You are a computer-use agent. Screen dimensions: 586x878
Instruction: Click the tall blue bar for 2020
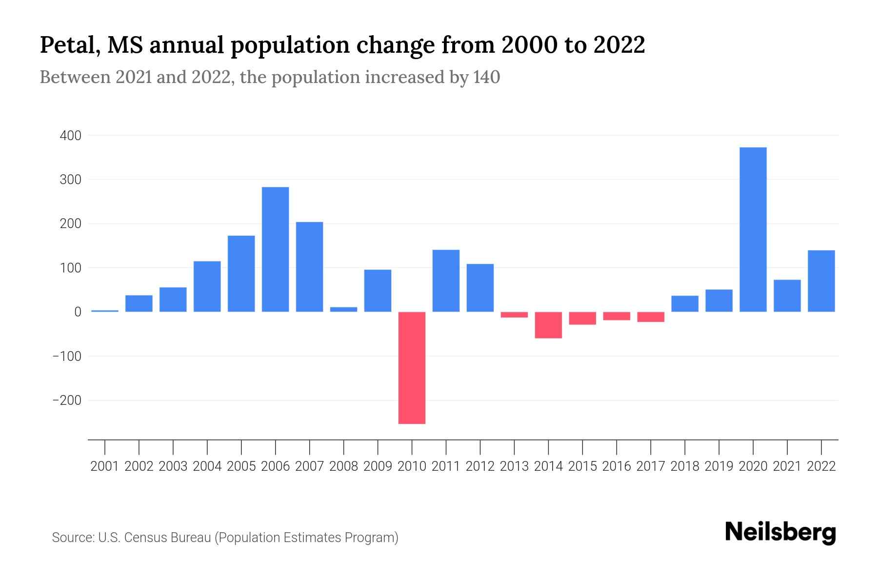point(753,230)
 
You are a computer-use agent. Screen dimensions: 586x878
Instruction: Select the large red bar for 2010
point(412,368)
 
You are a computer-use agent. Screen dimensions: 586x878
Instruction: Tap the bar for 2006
point(275,249)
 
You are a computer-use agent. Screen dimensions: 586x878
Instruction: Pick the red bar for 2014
point(548,325)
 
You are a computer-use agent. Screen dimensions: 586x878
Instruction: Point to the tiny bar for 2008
point(343,309)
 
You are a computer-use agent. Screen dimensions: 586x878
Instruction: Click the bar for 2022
point(821,281)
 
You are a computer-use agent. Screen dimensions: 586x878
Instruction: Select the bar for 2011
point(446,281)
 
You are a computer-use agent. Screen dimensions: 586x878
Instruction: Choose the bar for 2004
point(207,286)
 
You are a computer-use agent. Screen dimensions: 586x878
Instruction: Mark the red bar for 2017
point(651,317)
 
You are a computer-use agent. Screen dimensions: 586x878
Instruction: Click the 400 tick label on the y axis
point(70,135)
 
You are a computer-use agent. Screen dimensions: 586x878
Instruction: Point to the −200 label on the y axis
point(67,400)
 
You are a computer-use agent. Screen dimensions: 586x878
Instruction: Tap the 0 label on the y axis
point(77,312)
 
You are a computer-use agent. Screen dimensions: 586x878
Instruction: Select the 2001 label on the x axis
point(104,466)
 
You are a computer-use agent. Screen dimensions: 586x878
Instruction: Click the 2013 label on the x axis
point(514,466)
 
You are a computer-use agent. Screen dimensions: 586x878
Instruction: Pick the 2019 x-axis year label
point(719,466)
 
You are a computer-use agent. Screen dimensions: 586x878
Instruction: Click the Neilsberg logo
point(780,532)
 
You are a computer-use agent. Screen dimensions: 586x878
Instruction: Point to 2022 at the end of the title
point(619,45)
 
